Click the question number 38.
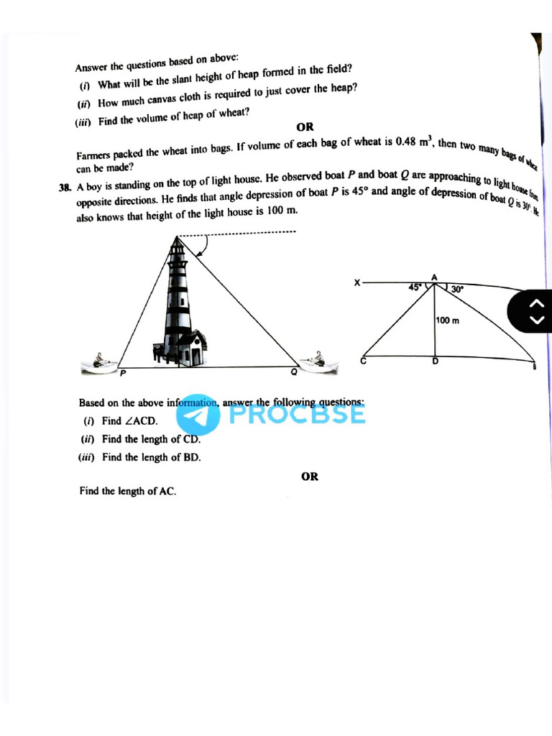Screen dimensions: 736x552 coord(65,188)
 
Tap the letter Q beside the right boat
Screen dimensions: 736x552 coord(293,372)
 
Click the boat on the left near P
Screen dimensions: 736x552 coord(100,363)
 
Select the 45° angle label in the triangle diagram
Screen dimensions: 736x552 coord(415,287)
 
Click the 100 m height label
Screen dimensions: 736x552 coord(447,321)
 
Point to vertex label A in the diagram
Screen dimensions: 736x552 coord(434,277)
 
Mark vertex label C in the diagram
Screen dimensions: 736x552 coord(363,362)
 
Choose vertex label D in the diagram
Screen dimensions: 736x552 coord(434,362)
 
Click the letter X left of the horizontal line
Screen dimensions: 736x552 coord(356,282)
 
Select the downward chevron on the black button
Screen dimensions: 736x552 coord(533,321)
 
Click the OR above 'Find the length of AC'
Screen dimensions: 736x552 coord(310,476)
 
